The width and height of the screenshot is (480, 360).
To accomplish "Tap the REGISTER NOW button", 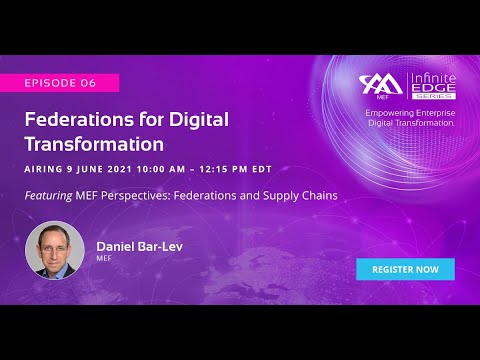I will (405, 269).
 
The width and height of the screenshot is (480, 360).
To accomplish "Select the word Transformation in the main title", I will (94, 143).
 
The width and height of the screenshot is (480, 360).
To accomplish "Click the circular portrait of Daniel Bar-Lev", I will (55, 249).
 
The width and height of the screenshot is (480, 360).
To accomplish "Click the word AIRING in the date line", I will (46, 167).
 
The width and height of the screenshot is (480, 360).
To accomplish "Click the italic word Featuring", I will (48, 195).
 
